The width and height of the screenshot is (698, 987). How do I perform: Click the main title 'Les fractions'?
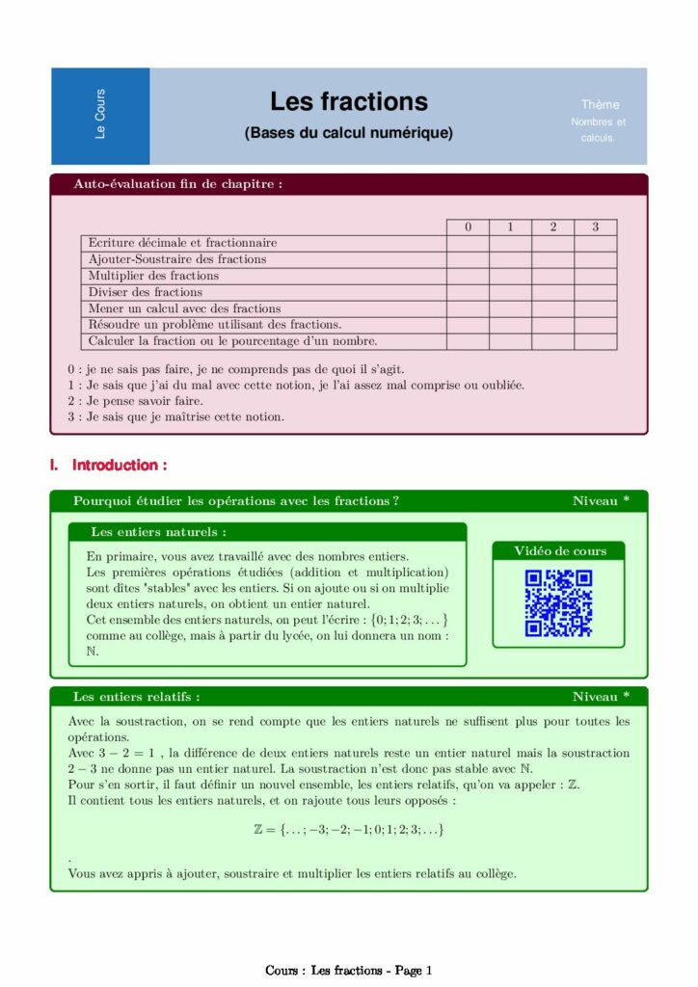348,102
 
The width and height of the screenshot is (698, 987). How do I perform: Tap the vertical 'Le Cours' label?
100,115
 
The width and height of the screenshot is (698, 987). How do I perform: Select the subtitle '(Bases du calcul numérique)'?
348,133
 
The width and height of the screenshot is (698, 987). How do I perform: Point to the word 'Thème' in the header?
600,104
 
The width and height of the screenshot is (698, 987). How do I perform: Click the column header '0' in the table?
468,227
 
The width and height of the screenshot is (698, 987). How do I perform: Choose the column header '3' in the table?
596,227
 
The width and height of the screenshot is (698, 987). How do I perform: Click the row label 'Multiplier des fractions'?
153,276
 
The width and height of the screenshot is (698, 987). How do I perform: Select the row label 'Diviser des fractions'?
146,292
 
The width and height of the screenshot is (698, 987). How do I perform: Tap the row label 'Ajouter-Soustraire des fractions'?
177,259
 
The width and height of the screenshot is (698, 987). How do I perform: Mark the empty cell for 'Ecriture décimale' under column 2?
553,243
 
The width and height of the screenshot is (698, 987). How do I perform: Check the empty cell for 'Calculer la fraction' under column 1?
510,341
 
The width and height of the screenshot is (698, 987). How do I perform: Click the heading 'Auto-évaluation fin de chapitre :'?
178,184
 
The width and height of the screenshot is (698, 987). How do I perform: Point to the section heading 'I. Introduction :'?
108,466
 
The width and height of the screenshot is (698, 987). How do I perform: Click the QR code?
558,603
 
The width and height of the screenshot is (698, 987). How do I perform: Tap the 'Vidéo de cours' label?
560,551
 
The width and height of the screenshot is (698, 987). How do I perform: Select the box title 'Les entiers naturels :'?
159,531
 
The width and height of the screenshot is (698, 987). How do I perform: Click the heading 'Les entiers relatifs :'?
137,696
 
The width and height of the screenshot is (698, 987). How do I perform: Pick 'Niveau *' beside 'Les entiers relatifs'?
601,696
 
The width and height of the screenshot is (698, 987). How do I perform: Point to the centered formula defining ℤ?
348,829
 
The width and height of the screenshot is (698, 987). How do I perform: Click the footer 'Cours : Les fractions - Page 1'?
349,971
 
